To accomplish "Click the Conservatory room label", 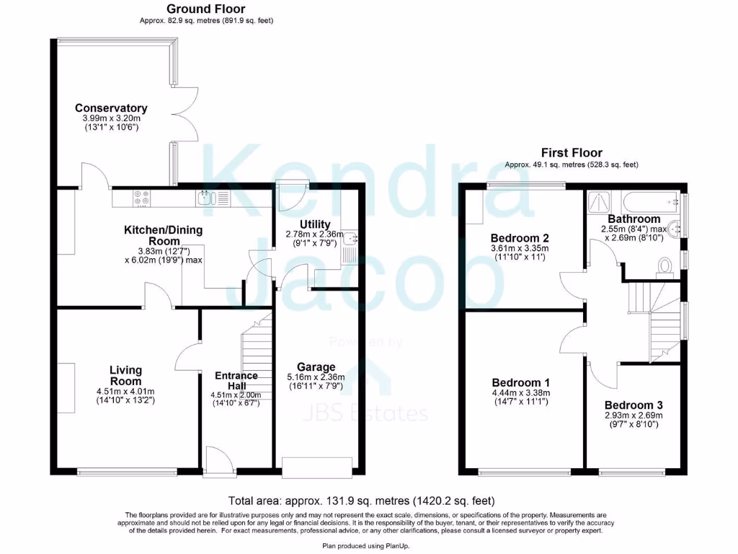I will (x=111, y=108).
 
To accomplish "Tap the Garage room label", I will (x=316, y=367).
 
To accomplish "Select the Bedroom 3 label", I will (x=633, y=405).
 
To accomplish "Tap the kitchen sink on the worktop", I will (x=205, y=196).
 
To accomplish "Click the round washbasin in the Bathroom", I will (x=676, y=229).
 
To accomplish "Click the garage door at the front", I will (x=318, y=467).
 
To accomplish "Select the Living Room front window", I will (x=127, y=472).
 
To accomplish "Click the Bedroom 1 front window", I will (x=523, y=473).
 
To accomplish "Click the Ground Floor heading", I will (x=205, y=9).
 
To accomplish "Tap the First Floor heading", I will (x=571, y=152).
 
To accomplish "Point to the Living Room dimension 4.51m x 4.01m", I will (x=125, y=392).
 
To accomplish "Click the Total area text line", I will (x=361, y=500).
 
